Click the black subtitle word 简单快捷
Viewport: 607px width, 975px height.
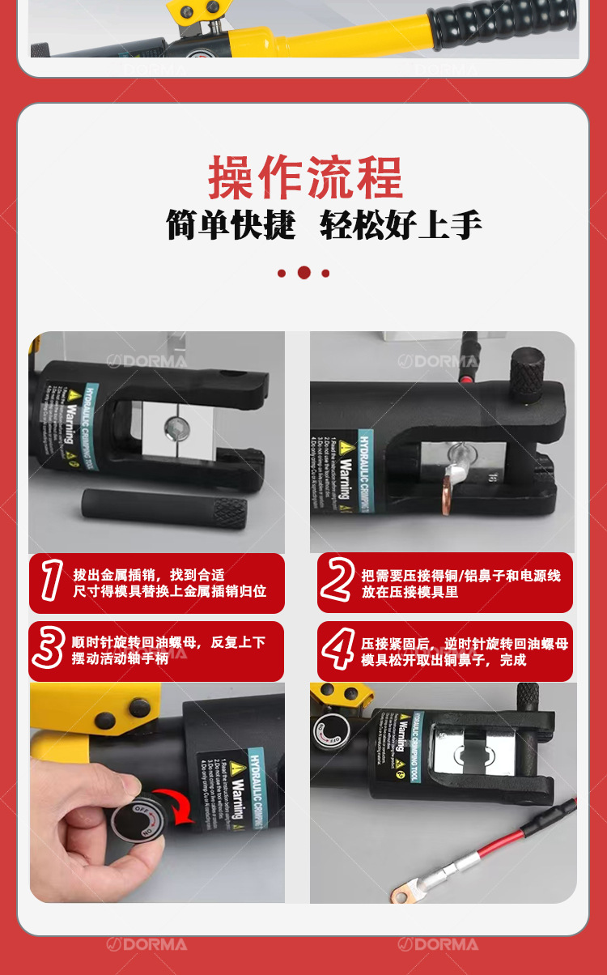[x=231, y=224]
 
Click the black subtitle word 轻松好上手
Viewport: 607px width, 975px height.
[x=401, y=224]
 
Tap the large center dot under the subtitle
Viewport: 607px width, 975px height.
[x=303, y=273]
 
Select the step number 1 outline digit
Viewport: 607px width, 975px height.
[x=52, y=582]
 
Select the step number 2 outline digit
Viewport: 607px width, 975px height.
[x=337, y=582]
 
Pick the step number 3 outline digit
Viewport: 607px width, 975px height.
[x=49, y=649]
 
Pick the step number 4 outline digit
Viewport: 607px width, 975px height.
[x=337, y=649]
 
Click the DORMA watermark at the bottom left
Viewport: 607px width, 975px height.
[x=146, y=944]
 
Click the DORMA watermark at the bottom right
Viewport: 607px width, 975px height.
[x=438, y=944]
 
